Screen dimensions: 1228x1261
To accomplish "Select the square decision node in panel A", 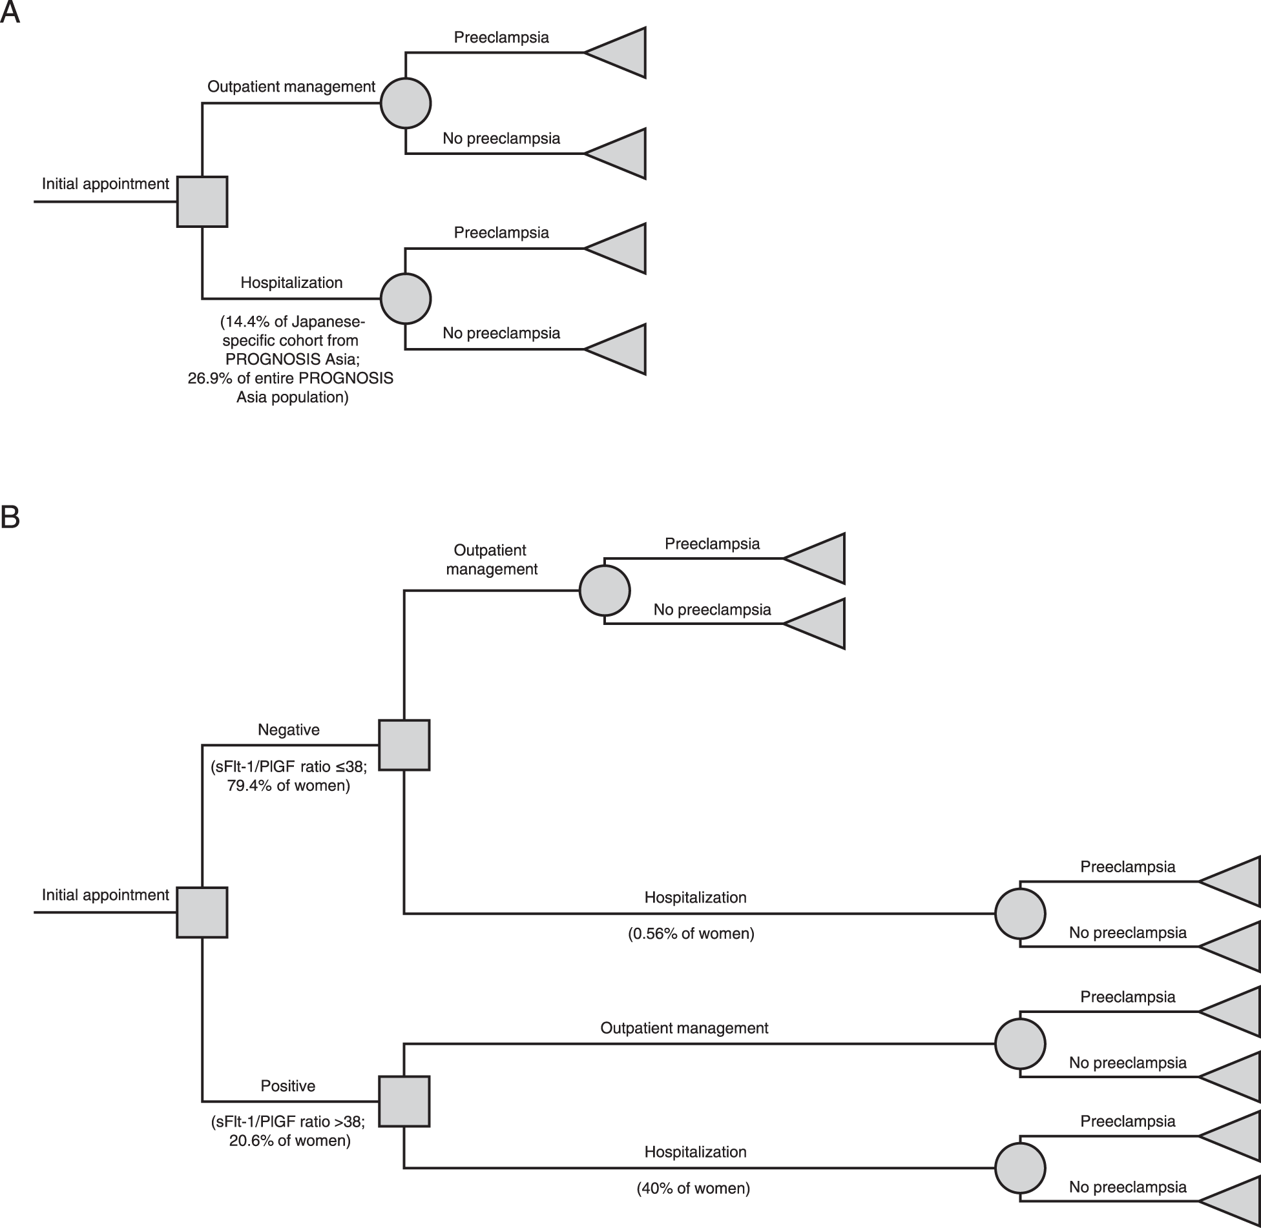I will coord(202,201).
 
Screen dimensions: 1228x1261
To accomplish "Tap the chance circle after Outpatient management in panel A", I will coord(405,103).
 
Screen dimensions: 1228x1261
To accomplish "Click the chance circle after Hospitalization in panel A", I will coord(405,298).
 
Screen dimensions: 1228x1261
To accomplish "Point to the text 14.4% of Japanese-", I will coord(293,321).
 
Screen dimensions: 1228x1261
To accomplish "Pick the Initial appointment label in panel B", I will coord(105,895).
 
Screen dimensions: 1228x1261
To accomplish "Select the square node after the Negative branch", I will coord(404,744).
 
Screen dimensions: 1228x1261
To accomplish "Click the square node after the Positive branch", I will coord(404,1101).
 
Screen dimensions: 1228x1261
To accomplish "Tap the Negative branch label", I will coord(288,730).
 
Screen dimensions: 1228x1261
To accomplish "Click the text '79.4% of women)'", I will coord(288,785).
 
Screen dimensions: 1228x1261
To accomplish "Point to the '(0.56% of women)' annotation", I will coord(691,933).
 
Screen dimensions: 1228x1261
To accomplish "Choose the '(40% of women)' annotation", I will coord(693,1188).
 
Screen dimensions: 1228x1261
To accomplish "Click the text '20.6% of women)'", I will coord(289,1140).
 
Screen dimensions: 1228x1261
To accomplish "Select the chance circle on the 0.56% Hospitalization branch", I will coord(1019,914).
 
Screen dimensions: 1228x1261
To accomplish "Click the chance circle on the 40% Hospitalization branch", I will coord(1019,1168).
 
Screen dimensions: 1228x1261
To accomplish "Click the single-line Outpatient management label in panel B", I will coord(683,1028).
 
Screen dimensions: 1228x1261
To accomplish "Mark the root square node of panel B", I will coord(202,912).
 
